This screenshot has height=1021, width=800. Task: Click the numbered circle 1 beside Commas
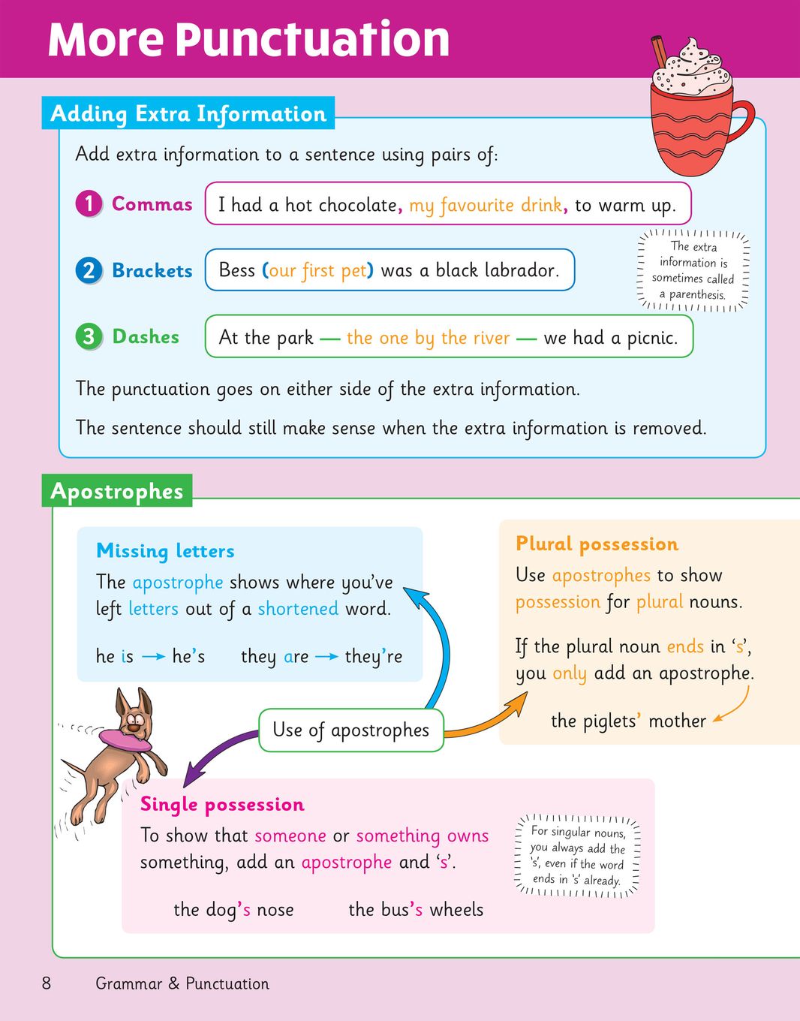(89, 203)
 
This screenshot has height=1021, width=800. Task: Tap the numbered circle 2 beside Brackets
(89, 270)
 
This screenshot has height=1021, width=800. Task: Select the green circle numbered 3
(89, 336)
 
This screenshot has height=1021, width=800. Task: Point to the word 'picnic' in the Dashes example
(650, 338)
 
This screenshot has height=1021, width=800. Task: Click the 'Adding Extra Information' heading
(188, 113)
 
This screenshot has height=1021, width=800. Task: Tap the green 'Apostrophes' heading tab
(117, 491)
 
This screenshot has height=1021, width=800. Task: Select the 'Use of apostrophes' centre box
(350, 730)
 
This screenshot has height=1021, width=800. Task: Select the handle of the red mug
(739, 124)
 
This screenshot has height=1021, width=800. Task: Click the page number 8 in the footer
(47, 983)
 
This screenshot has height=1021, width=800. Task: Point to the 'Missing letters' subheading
(165, 551)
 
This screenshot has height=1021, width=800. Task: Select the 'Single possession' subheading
(222, 804)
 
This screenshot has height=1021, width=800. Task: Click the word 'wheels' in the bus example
(456, 909)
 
